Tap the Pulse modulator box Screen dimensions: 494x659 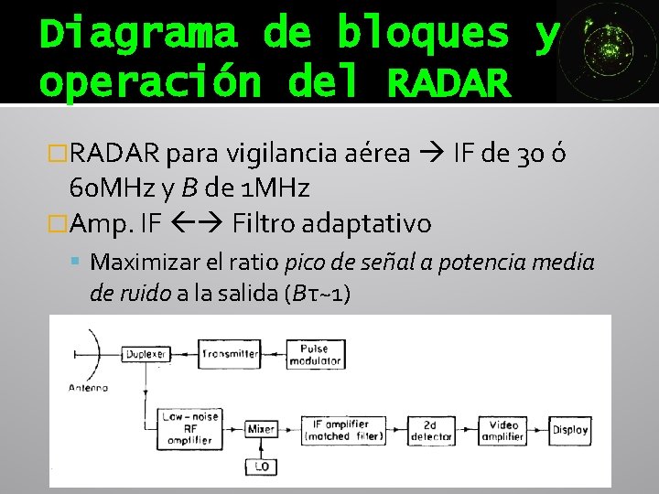click(314, 354)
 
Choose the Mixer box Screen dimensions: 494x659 click(261, 427)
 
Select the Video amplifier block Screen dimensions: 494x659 click(504, 430)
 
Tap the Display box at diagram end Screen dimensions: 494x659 click(569, 429)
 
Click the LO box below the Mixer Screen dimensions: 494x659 click(261, 467)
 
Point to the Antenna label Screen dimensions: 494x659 click(89, 386)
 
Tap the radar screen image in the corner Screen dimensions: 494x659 click(607, 50)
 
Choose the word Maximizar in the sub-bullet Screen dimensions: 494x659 click(146, 263)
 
